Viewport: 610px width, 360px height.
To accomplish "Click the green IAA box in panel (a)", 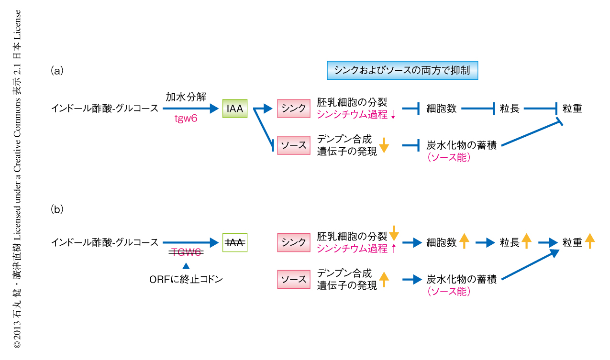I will pyautogui.click(x=235, y=109).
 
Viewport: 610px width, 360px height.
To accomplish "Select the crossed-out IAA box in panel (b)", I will pyautogui.click(x=235, y=242).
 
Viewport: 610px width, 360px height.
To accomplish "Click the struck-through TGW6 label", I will pyautogui.click(x=187, y=252).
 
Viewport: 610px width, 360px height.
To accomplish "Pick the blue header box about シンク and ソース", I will pyautogui.click(x=402, y=70).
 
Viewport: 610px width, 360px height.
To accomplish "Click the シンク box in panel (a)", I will pyautogui.click(x=293, y=109).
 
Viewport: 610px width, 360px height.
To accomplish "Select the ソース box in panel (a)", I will pyautogui.click(x=293, y=145).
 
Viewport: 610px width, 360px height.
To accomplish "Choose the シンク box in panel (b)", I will pyautogui.click(x=293, y=242).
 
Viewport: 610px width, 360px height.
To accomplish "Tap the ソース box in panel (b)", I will pyautogui.click(x=293, y=279).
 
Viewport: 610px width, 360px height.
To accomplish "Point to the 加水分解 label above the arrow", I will pyautogui.click(x=186, y=97).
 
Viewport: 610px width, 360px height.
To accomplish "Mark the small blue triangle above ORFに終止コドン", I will pyautogui.click(x=186, y=266).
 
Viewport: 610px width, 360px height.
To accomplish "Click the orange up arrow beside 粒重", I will pyautogui.click(x=589, y=241).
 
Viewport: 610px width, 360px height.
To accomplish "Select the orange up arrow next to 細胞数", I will pyautogui.click(x=464, y=241).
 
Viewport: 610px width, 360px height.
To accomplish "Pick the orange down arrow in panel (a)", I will pyautogui.click(x=384, y=145).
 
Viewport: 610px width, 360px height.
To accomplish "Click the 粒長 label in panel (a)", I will pyautogui.click(x=510, y=109).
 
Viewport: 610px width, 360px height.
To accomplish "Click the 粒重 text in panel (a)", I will pyautogui.click(x=572, y=109).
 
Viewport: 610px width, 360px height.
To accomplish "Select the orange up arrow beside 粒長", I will pyautogui.click(x=526, y=241).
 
